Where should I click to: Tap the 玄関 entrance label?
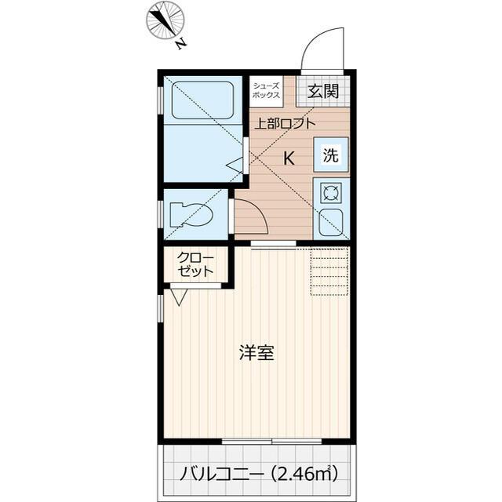click(x=323, y=91)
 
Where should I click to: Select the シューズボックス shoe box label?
click(x=265, y=90)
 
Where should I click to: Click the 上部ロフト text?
click(x=282, y=122)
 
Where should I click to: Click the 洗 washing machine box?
click(x=332, y=155)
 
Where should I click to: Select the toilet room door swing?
click(x=250, y=216)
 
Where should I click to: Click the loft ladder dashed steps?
click(x=329, y=271)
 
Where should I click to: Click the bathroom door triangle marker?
click(x=236, y=165)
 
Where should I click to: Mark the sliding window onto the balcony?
click(x=271, y=442)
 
